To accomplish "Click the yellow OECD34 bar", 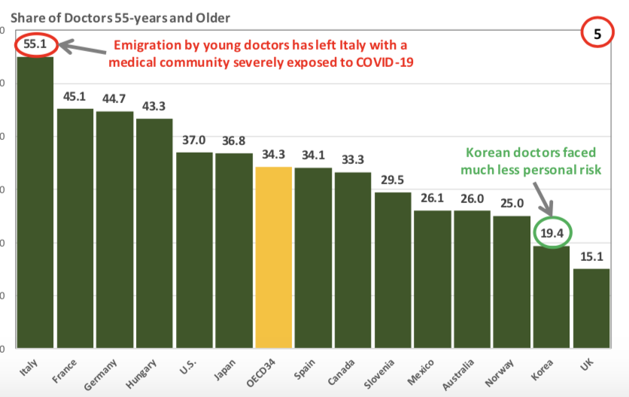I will tap(274, 257).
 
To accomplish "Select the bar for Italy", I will tap(35, 203).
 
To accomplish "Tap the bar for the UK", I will tap(591, 308).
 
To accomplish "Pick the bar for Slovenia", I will tap(393, 270).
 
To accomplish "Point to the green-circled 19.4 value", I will tap(552, 233).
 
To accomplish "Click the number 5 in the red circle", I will tap(601, 34).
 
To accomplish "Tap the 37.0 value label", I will tap(195, 140).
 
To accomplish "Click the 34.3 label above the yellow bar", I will tap(274, 154).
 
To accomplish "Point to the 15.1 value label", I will tap(591, 256).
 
